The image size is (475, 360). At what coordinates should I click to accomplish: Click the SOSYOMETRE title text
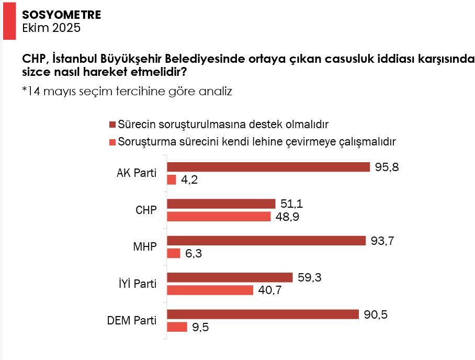click(61, 15)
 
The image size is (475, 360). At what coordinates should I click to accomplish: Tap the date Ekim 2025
click(51, 28)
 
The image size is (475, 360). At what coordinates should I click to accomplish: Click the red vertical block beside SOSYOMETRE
click(9, 20)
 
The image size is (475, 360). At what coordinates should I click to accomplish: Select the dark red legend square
click(112, 125)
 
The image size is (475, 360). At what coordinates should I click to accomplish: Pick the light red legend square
click(112, 141)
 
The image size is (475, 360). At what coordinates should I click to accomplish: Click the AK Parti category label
click(136, 173)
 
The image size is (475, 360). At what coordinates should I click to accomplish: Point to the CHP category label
click(145, 210)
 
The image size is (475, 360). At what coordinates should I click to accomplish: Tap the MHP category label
click(145, 246)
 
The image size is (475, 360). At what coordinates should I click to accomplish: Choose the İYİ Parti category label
click(137, 284)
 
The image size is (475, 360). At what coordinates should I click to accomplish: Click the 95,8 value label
click(386, 167)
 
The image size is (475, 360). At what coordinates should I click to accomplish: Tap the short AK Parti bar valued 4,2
click(172, 179)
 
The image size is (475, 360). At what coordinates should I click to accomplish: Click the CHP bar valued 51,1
click(221, 204)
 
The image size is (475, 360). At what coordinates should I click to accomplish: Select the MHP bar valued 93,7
click(266, 241)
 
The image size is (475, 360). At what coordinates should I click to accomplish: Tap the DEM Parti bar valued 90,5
click(263, 314)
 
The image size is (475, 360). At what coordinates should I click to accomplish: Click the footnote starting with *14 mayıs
click(127, 91)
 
